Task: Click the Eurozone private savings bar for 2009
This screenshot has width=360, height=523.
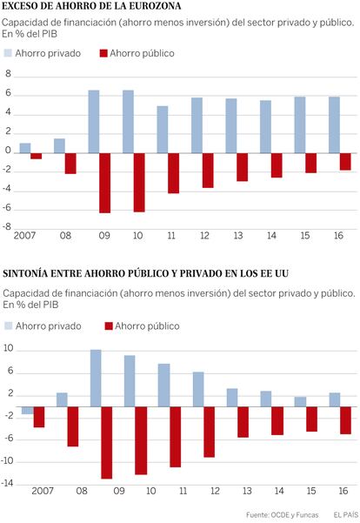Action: pyautogui.click(x=94, y=122)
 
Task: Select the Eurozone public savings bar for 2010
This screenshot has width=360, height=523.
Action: pyautogui.click(x=139, y=183)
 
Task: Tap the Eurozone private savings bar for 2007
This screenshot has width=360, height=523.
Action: pyautogui.click(x=25, y=149)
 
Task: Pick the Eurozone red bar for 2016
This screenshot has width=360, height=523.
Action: pyautogui.click(x=345, y=162)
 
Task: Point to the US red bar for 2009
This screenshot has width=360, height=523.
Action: pyautogui.click(x=107, y=443)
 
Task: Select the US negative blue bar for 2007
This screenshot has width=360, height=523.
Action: pyautogui.click(x=28, y=411)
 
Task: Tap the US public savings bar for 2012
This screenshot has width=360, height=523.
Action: pyautogui.click(x=209, y=432)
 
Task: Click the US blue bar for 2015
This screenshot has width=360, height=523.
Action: pyautogui.click(x=300, y=402)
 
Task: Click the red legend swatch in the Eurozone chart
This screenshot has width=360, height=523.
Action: pyautogui.click(x=103, y=53)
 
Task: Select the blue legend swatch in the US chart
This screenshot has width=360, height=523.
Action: pyautogui.click(x=9, y=325)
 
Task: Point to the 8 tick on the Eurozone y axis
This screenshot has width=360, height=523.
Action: pyautogui.click(x=8, y=73)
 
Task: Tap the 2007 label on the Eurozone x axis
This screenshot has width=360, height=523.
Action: pyautogui.click(x=24, y=236)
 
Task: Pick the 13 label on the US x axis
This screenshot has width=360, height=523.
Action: pyautogui.click(x=247, y=491)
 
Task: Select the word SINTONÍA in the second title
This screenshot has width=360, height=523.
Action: pyautogui.click(x=24, y=273)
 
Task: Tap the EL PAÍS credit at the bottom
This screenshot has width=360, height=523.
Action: pyautogui.click(x=346, y=514)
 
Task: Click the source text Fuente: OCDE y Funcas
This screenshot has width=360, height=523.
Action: pyautogui.click(x=282, y=515)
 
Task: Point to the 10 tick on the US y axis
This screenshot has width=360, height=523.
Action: pyautogui.click(x=8, y=348)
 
